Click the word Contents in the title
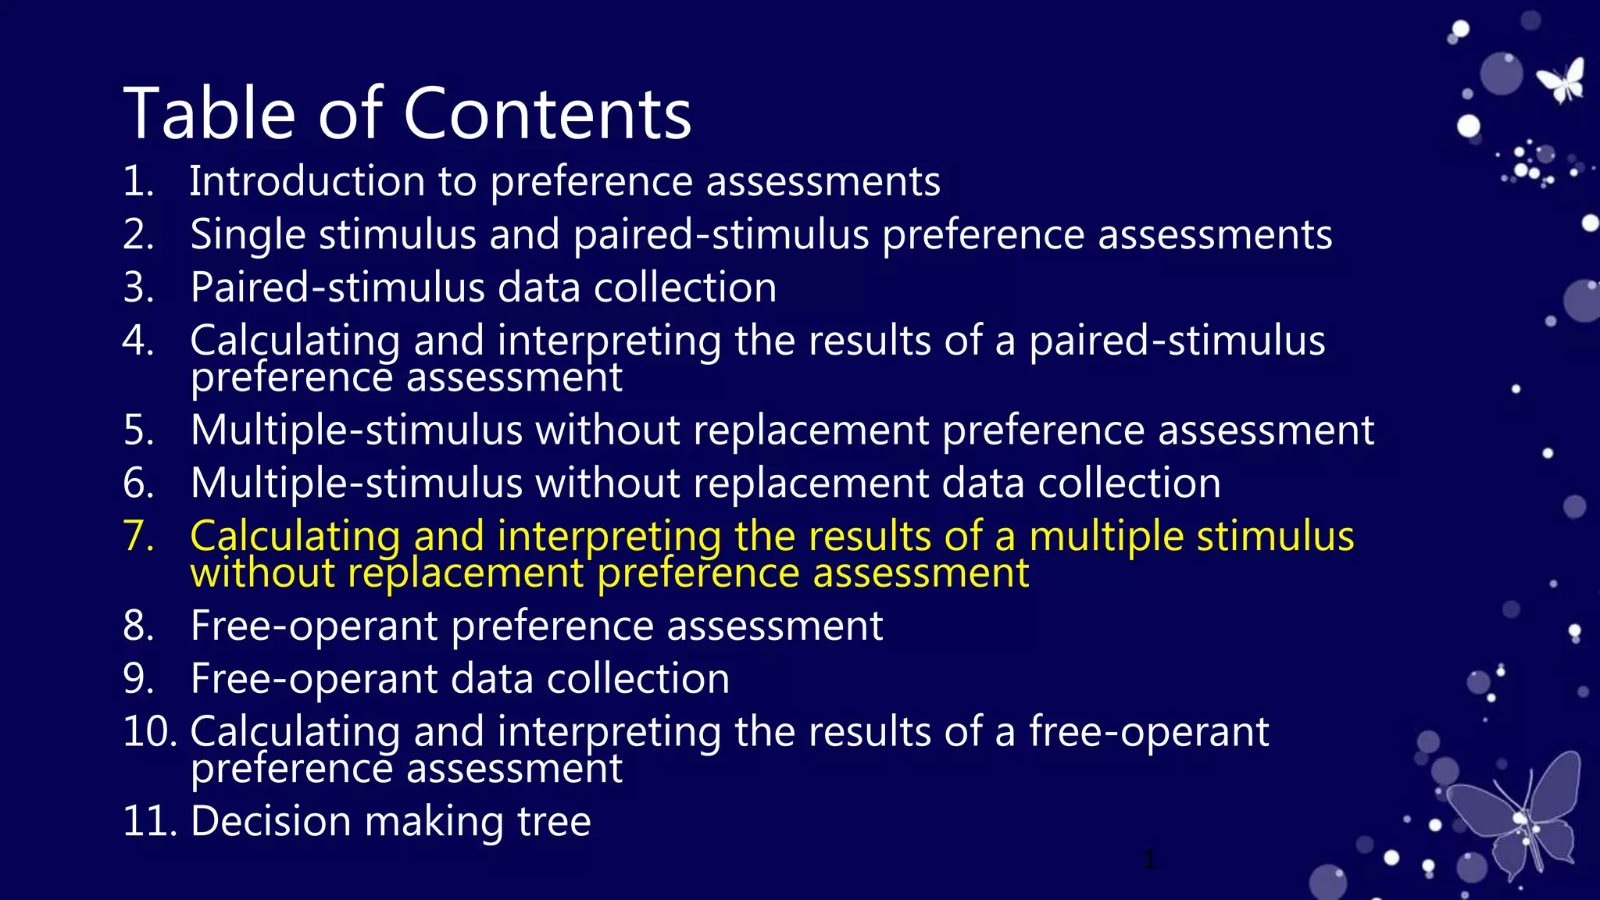tap(547, 114)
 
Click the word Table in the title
tap(209, 114)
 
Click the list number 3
tap(137, 287)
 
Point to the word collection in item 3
tap(684, 287)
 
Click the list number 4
tap(137, 341)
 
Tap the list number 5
tap(137, 430)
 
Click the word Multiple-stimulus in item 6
tap(356, 483)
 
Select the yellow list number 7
tap(137, 536)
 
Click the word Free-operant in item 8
tap(314, 627)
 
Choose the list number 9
tap(137, 679)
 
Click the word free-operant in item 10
tap(1148, 733)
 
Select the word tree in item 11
tap(554, 822)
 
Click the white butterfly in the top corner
tap(1562, 80)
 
